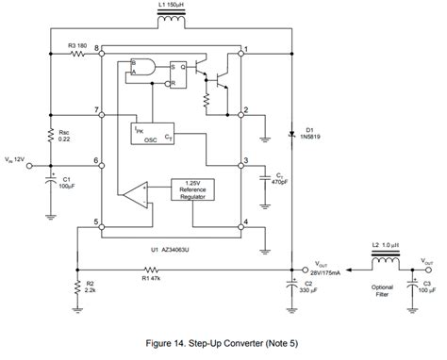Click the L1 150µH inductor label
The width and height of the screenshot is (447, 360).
(x=169, y=8)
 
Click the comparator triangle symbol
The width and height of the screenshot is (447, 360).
(x=133, y=195)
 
